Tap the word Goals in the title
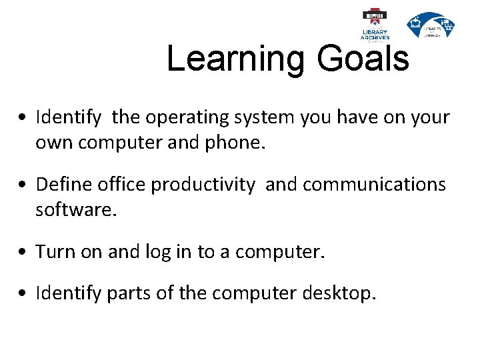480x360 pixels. [x=363, y=59]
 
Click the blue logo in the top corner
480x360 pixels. [x=431, y=25]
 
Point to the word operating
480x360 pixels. [x=178, y=119]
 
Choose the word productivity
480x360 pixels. [x=203, y=185]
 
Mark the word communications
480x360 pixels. [x=355, y=185]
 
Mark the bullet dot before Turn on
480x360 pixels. [x=23, y=252]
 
